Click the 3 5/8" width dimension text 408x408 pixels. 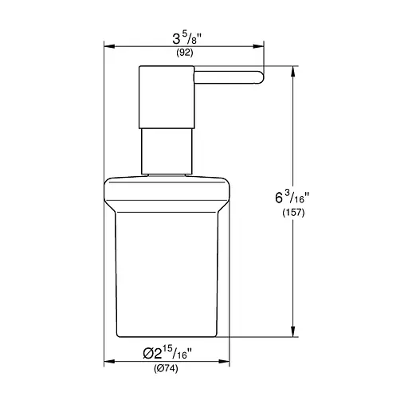[x=187, y=39]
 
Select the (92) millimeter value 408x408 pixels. [x=185, y=53]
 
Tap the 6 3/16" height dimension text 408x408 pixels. [x=292, y=197]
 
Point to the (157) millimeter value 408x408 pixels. [x=293, y=213]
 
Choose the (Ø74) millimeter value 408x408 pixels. [x=166, y=369]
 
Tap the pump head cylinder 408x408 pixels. [x=167, y=97]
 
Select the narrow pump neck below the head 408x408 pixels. [x=167, y=151]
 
